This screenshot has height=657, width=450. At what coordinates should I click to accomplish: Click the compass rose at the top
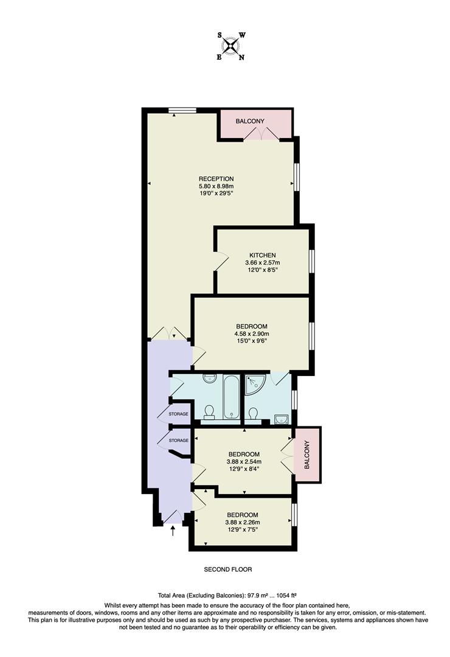pyautogui.click(x=230, y=46)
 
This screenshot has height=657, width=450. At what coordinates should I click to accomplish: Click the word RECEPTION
pyautogui.click(x=216, y=178)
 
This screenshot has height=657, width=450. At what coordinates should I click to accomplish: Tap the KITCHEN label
pyautogui.click(x=263, y=255)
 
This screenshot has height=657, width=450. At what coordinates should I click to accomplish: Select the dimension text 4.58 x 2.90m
pyautogui.click(x=252, y=333)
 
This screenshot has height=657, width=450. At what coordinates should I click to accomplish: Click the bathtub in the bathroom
pyautogui.click(x=231, y=398)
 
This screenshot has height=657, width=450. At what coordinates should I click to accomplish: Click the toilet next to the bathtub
pyautogui.click(x=209, y=412)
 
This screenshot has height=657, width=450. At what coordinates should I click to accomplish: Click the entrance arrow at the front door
pyautogui.click(x=173, y=530)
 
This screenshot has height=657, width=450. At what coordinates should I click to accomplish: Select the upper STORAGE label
pyautogui.click(x=178, y=414)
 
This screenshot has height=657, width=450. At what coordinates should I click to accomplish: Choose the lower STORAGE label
pyautogui.click(x=178, y=440)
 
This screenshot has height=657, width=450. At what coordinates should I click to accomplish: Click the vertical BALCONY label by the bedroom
pyautogui.click(x=306, y=454)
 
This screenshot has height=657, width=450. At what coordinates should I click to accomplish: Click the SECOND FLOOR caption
pyautogui.click(x=227, y=570)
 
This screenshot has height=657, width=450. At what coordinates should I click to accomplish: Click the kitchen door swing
pyautogui.click(x=220, y=262)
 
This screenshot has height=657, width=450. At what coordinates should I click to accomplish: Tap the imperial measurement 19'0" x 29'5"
pyautogui.click(x=216, y=193)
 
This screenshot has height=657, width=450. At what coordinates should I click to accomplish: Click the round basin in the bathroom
pyautogui.click(x=209, y=378)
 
